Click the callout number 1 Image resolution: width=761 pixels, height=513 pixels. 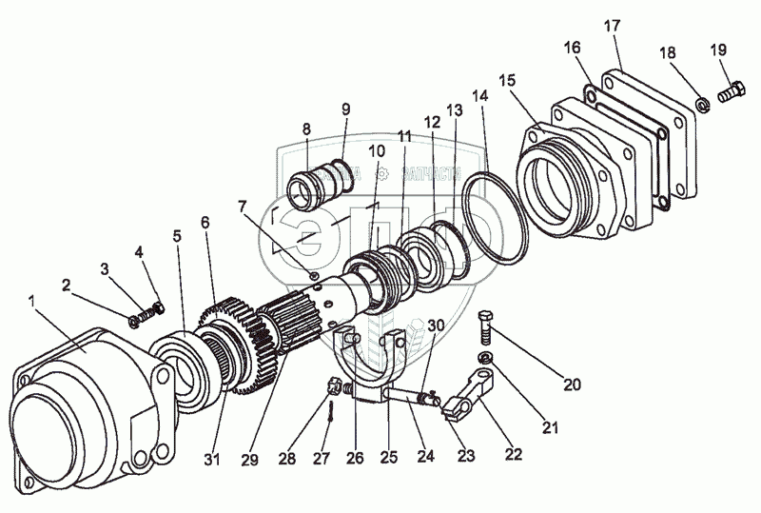[32, 301]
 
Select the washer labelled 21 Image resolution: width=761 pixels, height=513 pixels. [485, 358]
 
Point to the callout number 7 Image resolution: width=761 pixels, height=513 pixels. [243, 206]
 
